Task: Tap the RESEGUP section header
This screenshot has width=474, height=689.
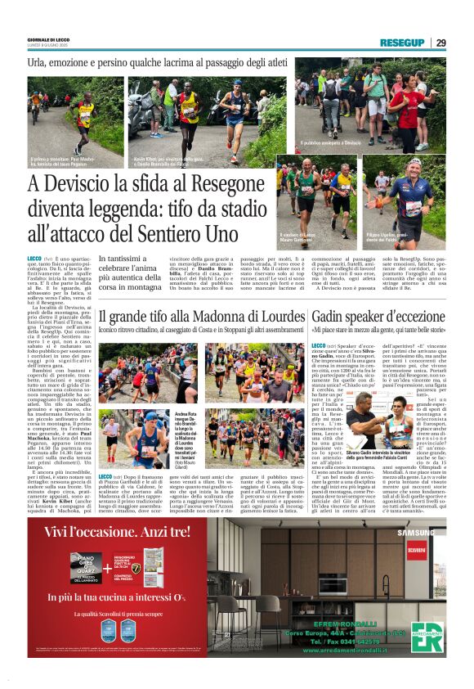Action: [401, 43]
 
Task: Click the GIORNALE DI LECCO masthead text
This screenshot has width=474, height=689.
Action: [50, 39]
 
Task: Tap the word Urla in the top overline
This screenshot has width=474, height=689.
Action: [38, 62]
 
